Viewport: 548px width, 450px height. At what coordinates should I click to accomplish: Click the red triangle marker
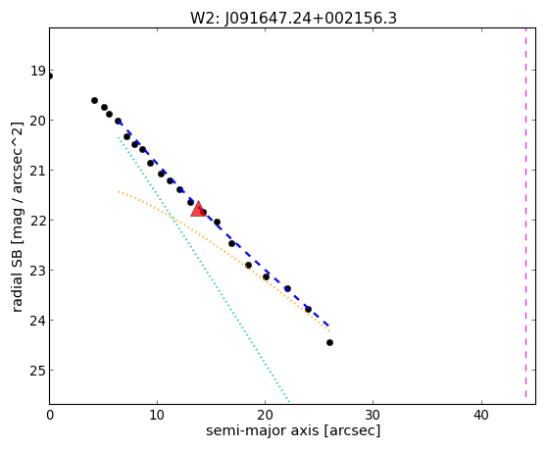198,209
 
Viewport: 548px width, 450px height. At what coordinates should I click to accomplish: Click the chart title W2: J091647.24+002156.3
293,19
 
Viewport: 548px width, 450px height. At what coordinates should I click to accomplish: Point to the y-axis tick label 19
38,72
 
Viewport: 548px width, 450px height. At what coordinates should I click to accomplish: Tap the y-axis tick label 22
38,221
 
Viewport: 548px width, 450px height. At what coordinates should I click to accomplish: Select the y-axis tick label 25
38,371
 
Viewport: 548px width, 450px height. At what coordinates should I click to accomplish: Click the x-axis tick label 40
481,415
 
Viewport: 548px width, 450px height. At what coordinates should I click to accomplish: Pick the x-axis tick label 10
157,415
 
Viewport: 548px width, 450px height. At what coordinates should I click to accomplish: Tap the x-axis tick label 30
373,415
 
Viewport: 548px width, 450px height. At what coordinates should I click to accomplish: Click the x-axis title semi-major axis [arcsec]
293,430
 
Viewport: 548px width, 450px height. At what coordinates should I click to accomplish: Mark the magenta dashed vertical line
525,213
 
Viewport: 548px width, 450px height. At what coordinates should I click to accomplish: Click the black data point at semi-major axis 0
50,75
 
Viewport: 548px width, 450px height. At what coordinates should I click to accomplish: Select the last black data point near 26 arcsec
329,343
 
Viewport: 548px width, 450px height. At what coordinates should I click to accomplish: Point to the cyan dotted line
203,270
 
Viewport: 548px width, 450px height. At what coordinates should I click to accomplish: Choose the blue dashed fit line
224,224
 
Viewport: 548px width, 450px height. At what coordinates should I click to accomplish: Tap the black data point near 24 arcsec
308,310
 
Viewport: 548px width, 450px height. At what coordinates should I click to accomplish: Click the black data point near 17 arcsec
231,243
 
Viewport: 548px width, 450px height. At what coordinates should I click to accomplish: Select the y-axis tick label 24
38,321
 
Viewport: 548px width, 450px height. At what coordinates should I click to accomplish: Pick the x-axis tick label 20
265,415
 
